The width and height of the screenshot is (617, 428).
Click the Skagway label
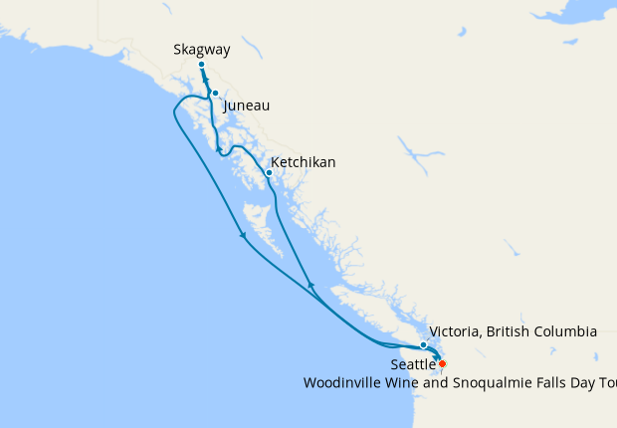click(201, 48)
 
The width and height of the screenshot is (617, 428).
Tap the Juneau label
click(248, 106)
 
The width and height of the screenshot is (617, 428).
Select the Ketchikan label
click(304, 162)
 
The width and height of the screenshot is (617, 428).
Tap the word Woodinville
click(346, 382)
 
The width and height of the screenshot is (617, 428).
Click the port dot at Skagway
click(201, 65)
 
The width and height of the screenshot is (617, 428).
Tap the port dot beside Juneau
click(215, 94)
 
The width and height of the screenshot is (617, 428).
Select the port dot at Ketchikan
click(269, 173)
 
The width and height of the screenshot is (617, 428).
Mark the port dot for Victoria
click(424, 345)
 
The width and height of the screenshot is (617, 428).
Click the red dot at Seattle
click(442, 364)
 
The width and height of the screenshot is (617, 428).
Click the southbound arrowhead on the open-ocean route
click(242, 236)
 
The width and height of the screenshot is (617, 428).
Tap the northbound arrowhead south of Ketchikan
click(310, 286)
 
